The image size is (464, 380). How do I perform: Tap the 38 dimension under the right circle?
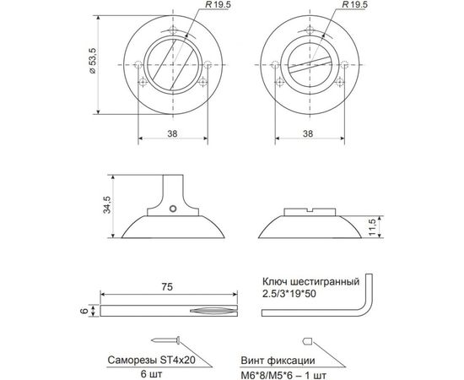pos(307,133)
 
